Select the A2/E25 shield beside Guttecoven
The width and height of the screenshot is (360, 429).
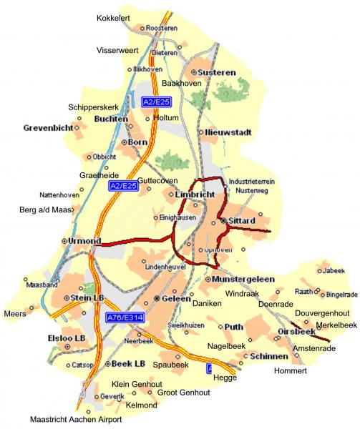click(x=123, y=187)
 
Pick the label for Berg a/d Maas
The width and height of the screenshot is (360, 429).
click(x=45, y=210)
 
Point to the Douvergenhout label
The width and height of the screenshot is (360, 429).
click(x=322, y=314)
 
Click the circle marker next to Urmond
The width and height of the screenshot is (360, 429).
click(x=65, y=241)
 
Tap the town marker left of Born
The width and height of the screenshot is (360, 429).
click(x=124, y=142)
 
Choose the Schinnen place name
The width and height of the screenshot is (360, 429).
click(x=271, y=356)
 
